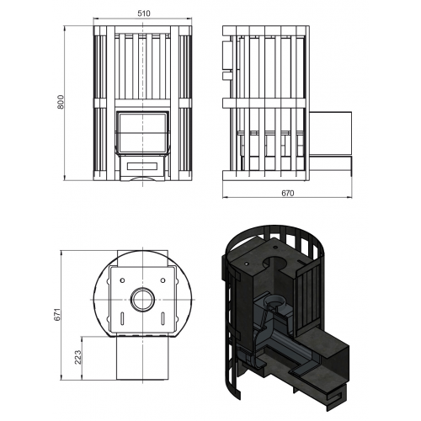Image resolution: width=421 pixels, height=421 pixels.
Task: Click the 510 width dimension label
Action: coord(144,13)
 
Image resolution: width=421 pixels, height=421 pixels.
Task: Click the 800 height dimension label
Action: coord(61,102)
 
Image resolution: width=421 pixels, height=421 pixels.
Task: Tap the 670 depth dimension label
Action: coord(288,193)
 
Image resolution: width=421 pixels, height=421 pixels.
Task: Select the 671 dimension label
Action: coord(57,315)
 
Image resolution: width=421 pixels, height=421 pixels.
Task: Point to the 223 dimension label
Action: coord(77,357)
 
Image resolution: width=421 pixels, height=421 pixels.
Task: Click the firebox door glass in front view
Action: coord(143,132)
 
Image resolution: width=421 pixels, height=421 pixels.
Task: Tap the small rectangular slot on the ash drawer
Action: coord(142,167)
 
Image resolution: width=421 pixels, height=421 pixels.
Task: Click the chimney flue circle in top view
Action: coord(143,299)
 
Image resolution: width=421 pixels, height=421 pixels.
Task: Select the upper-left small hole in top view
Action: coord(122,280)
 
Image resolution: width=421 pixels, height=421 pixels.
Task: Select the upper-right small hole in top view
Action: coord(163,280)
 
